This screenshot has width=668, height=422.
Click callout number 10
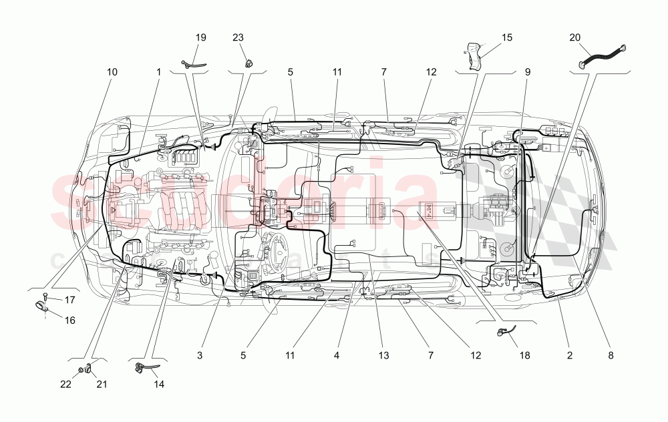[x=112, y=71]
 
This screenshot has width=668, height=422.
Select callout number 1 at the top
[x=158, y=71]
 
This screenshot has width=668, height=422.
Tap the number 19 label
[x=201, y=37]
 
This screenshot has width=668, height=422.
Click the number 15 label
[x=507, y=37]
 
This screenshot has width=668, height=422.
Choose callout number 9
[x=528, y=71]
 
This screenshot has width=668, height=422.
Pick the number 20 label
[x=575, y=37]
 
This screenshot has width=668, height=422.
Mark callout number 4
[x=337, y=356]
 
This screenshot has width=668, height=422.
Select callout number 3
[x=200, y=356]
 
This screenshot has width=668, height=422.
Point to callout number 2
[x=570, y=356]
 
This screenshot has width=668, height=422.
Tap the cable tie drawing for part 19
[x=193, y=64]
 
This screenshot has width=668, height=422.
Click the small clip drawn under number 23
[x=250, y=63]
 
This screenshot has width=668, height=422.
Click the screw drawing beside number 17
[x=45, y=296]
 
